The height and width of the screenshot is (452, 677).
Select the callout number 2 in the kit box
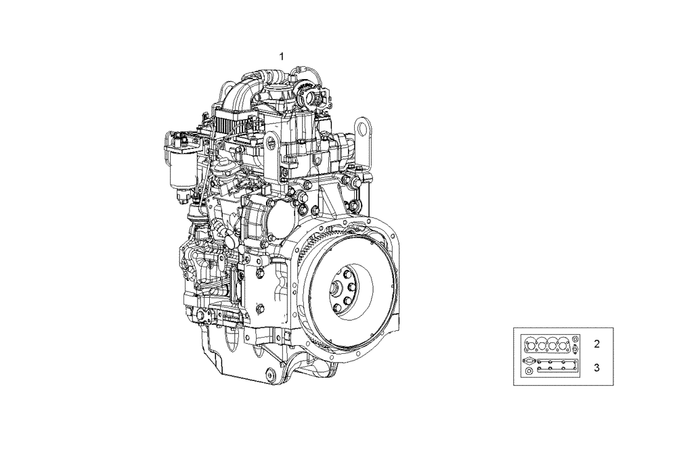tap(596, 344)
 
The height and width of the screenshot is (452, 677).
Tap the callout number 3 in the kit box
tap(596, 367)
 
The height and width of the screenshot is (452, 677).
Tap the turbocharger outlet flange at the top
tap(316, 99)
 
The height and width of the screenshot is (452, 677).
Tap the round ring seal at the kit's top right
tap(575, 338)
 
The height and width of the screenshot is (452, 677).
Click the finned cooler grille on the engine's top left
tap(234, 126)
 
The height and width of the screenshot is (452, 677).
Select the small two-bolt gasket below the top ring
tap(575, 351)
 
